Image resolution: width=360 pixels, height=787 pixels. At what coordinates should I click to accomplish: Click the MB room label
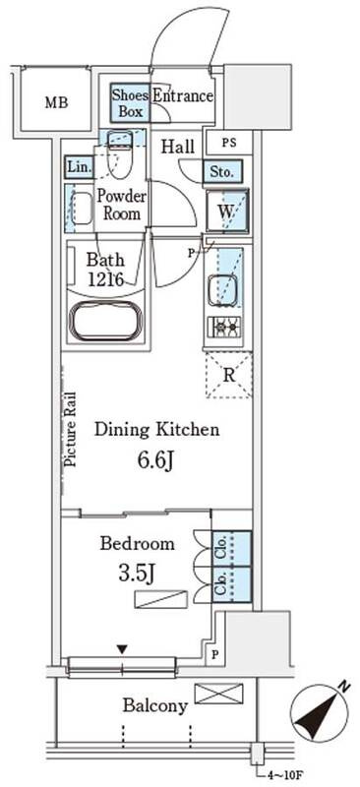[57, 103]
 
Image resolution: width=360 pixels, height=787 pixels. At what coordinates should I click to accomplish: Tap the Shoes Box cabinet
[130, 102]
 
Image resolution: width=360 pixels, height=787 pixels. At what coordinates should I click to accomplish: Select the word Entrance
[182, 95]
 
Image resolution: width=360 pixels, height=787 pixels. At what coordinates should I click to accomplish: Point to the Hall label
[178, 147]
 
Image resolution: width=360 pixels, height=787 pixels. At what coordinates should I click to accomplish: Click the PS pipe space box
[228, 143]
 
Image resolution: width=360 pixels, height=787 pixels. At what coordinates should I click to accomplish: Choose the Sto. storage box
[222, 173]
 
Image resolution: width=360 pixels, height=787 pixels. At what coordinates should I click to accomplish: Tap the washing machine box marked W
[227, 211]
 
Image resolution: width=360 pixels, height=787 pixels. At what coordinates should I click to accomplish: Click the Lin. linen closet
[80, 167]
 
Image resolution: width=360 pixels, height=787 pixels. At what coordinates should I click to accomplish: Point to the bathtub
[106, 321]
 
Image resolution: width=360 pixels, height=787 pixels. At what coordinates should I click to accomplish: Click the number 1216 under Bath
[105, 279]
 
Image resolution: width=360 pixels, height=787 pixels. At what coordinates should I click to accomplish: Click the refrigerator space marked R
[228, 376]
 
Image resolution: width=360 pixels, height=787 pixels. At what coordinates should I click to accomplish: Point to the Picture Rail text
[71, 430]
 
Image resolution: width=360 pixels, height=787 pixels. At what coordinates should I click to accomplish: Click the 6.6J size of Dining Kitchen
[156, 460]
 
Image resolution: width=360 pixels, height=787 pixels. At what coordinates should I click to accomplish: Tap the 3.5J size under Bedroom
[137, 573]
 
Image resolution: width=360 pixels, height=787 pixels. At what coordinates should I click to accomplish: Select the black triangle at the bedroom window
[122, 649]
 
